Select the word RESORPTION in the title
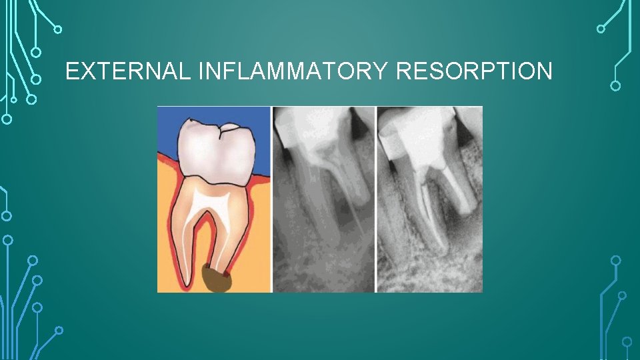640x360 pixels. [x=474, y=71]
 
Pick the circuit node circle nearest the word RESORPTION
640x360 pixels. [x=615, y=85]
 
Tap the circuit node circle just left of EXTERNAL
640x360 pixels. [x=37, y=79]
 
